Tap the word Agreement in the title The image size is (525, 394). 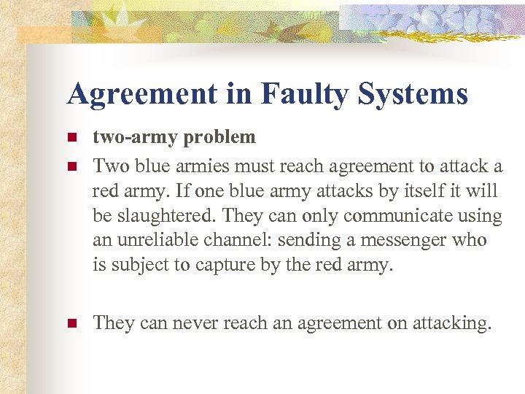[139, 94]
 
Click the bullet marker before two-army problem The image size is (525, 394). [71, 137]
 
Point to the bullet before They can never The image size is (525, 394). [71, 323]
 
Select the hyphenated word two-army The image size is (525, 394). [137, 137]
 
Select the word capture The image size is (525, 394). [228, 266]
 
